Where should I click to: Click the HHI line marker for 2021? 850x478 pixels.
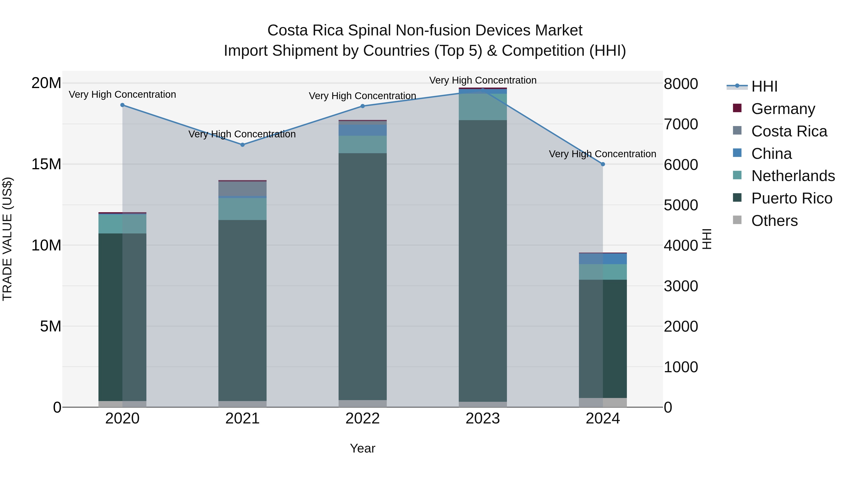[242, 145]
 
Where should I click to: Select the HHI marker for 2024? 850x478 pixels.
[603, 164]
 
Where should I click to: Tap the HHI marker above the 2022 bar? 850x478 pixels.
[363, 106]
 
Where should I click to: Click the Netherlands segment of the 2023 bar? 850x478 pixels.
[483, 107]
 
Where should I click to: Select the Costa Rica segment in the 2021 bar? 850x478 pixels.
[242, 189]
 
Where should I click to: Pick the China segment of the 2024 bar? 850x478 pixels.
[603, 259]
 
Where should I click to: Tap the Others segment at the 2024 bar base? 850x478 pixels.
[603, 402]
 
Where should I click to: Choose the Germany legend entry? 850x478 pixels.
[783, 109]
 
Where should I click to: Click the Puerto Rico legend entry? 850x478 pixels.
[791, 199]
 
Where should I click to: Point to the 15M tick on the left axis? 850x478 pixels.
[46, 164]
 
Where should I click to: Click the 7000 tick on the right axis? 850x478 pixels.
[681, 124]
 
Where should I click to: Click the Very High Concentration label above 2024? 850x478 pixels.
[603, 154]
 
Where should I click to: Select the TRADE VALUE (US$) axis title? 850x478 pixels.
[7, 239]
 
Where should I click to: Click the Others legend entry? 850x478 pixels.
[774, 221]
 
